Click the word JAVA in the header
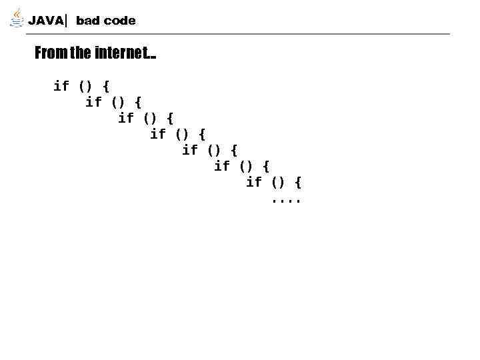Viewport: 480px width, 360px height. (45, 21)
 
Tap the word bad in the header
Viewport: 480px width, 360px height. (87, 21)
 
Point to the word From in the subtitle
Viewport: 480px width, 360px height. (50, 53)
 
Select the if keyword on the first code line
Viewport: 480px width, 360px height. (61, 85)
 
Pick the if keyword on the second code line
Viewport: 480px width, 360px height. (93, 101)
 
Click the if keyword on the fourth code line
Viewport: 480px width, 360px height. (158, 134)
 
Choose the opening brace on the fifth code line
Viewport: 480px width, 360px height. (234, 150)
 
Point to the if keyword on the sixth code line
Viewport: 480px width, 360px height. (222, 166)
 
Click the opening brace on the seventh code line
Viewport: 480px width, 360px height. (298, 182)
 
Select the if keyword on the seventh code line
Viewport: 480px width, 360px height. (254, 182)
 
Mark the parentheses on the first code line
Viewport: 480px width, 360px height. (85, 86)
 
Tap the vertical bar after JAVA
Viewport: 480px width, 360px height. (67, 21)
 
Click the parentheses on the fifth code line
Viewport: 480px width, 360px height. (213, 150)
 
